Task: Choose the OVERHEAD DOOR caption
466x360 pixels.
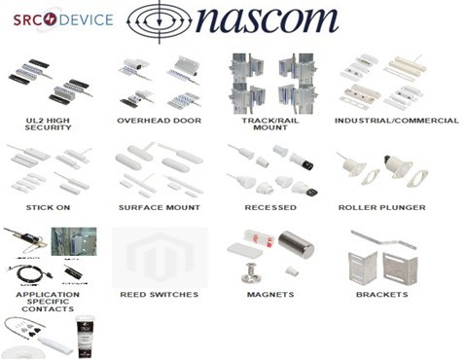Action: point(159,120)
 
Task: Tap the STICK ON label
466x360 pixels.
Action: point(43,207)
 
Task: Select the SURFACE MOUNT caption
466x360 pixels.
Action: point(159,207)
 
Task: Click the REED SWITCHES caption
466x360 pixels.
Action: point(159,293)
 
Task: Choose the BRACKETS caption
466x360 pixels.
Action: point(381,293)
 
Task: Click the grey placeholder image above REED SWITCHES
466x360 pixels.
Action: point(159,255)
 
